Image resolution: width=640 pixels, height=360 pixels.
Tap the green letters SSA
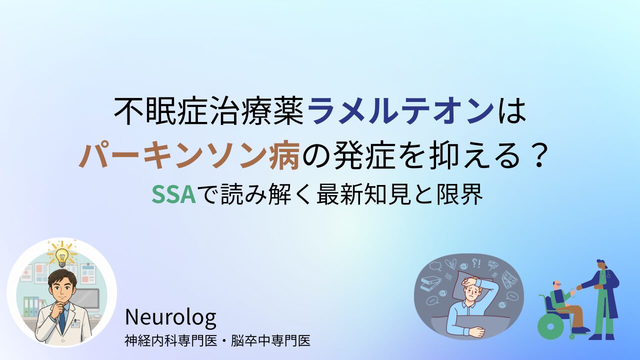(x=173, y=194)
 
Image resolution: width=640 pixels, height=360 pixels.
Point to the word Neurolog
(x=170, y=317)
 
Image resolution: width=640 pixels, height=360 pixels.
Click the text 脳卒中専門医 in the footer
(x=271, y=341)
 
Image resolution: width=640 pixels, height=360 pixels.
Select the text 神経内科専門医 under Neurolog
(x=170, y=341)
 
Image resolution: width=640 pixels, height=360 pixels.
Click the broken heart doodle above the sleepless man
(x=450, y=264)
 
